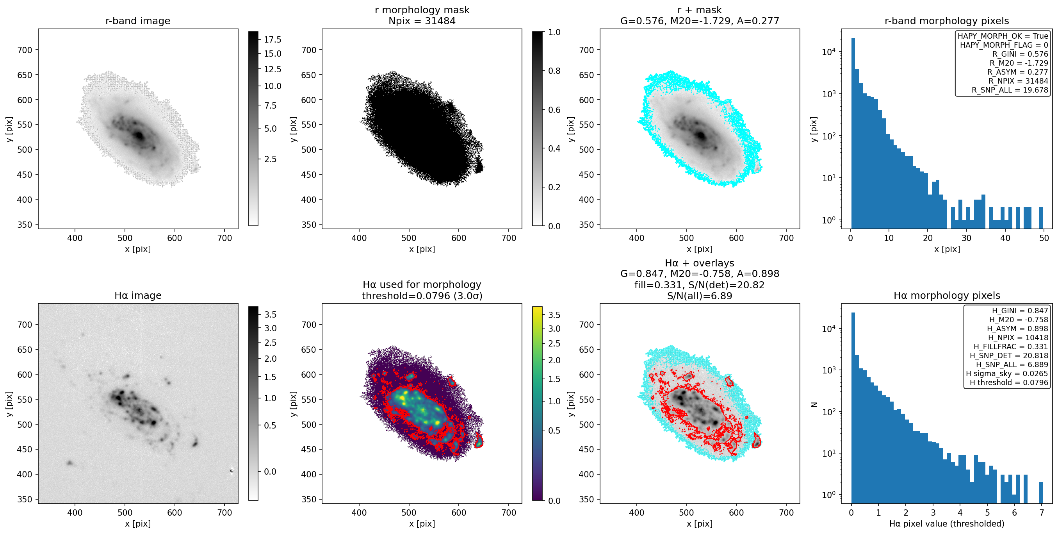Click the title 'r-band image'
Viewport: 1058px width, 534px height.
[x=137, y=21]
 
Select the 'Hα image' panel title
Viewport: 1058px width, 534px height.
[x=137, y=295]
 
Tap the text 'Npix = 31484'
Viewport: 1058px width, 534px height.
[x=422, y=21]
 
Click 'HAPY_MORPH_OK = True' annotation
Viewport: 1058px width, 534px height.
[x=1003, y=36]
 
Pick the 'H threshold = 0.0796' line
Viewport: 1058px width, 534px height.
[x=1009, y=382]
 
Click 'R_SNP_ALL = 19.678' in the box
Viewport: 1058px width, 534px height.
[x=1010, y=89]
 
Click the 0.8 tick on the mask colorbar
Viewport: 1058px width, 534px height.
[x=554, y=71]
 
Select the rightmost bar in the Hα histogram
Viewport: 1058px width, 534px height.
[x=1041, y=493]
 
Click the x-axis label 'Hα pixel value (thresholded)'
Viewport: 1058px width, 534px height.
[x=947, y=523]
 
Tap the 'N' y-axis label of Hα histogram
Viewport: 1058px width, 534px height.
[x=813, y=405]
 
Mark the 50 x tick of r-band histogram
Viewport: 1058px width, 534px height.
[x=1044, y=238]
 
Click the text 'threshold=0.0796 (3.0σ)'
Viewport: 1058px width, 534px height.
[x=422, y=296]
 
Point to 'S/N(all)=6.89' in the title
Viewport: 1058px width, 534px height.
[x=700, y=296]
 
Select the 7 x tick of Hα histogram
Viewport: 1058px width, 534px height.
[x=1041, y=512]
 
